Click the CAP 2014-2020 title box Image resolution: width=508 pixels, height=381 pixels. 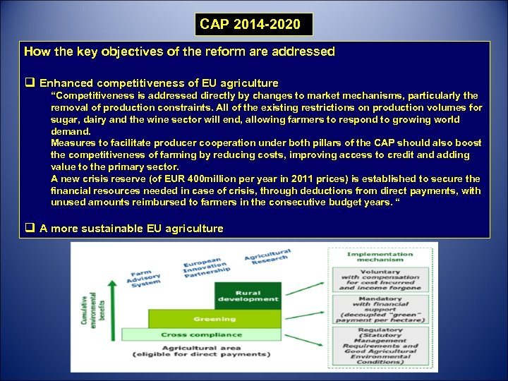tap(253, 25)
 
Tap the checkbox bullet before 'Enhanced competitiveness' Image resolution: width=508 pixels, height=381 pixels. tap(30, 83)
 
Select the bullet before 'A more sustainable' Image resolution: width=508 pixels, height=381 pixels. tap(30, 228)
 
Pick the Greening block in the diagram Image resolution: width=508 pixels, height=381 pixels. tap(214, 318)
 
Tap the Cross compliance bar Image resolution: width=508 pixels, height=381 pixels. tap(202, 334)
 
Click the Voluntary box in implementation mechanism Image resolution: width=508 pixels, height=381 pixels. tap(380, 279)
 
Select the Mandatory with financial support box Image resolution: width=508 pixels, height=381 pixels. tap(380, 308)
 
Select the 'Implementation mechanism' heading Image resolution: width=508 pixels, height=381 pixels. tap(380, 257)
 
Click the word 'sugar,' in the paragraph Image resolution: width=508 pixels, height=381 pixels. tap(64, 119)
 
